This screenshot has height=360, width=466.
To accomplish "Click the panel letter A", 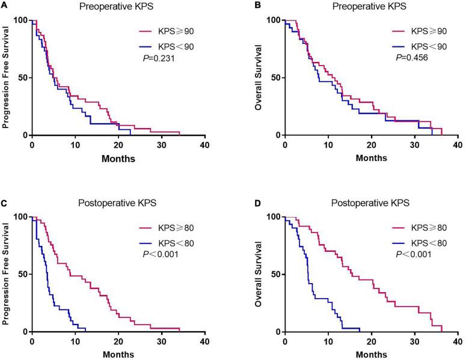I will tap(4, 8).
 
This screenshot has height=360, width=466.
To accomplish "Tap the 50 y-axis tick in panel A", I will tap(22, 78).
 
